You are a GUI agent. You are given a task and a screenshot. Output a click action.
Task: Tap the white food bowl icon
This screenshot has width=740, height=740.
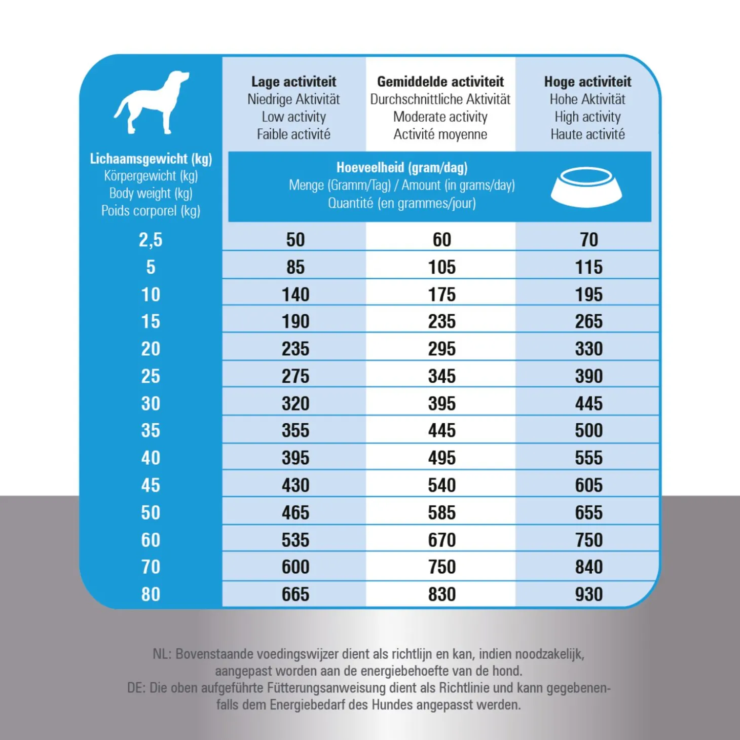(x=586, y=188)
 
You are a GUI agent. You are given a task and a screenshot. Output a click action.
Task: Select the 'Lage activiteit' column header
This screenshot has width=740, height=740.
(x=293, y=82)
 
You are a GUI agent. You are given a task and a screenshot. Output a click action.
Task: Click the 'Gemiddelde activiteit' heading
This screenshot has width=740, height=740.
(x=440, y=82)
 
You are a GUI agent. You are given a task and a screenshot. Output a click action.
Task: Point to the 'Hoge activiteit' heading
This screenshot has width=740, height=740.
(x=587, y=82)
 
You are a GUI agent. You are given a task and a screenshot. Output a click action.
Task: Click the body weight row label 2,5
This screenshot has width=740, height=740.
(x=151, y=240)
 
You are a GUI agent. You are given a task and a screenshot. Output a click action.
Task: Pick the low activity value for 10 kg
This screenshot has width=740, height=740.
(x=295, y=294)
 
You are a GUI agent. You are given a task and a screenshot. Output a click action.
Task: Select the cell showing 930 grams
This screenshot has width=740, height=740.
(x=588, y=594)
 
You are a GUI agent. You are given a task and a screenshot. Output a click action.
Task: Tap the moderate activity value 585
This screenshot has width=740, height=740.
(x=441, y=512)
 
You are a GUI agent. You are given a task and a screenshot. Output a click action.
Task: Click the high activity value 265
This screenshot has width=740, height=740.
(x=588, y=321)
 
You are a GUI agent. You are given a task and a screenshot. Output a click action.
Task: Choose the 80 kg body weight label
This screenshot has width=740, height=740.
(x=151, y=594)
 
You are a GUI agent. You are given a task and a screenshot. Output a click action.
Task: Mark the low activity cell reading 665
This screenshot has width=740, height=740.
(x=295, y=594)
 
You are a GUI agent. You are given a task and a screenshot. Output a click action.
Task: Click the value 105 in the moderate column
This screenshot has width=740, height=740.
(x=441, y=267)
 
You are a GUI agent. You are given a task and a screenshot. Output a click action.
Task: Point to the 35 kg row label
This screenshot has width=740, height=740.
(x=151, y=430)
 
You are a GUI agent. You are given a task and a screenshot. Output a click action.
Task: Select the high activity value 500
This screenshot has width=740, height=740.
(x=588, y=430)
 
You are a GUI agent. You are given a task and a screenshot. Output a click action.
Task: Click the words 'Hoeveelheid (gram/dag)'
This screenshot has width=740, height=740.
(x=402, y=168)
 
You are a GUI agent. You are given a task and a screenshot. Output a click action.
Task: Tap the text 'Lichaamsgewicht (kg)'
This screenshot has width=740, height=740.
(x=151, y=159)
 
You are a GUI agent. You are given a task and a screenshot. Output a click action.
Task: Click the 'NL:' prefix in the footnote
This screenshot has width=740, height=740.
(x=162, y=654)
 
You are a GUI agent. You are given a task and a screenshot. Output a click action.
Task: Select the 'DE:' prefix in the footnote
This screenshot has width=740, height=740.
(x=136, y=688)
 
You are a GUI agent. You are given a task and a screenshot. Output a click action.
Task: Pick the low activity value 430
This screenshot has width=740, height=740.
(x=295, y=485)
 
